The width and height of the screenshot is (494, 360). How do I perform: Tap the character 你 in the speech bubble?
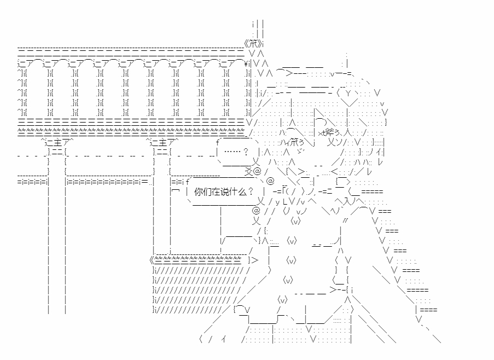click(x=198, y=191)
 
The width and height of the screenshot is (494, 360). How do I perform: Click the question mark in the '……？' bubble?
click(x=246, y=152)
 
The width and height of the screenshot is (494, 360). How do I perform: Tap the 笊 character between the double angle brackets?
click(x=253, y=43)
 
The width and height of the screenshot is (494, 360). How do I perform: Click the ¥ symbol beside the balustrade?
click(x=246, y=64)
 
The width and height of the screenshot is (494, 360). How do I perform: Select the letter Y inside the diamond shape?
click(x=348, y=93)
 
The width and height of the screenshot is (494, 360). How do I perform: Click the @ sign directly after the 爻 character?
click(x=257, y=171)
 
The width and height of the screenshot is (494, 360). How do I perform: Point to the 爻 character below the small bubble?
click(x=248, y=172)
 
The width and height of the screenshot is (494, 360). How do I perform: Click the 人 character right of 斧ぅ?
click(x=347, y=132)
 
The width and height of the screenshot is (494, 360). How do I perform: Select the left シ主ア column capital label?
click(x=57, y=142)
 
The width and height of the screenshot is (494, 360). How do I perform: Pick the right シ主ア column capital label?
click(x=162, y=142)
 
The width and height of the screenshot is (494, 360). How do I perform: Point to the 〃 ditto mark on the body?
click(x=346, y=220)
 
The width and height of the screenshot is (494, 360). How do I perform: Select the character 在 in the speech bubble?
click(x=216, y=191)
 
